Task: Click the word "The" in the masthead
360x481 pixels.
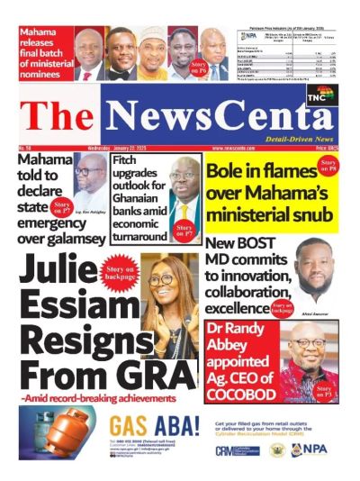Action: [53, 113]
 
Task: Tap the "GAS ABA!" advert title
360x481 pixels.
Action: [153, 425]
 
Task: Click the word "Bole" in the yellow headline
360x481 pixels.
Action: [228, 172]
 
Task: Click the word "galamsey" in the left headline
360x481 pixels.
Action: [58, 238]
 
